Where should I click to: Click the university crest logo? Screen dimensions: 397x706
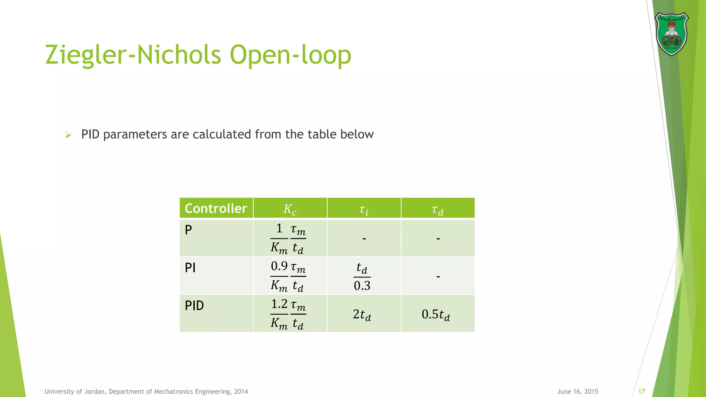pyautogui.click(x=671, y=34)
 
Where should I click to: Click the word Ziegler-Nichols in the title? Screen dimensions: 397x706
pyautogui.click(x=133, y=55)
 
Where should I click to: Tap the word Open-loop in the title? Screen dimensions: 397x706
pyautogui.click(x=290, y=55)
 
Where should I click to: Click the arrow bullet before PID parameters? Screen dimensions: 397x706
pyautogui.click(x=68, y=135)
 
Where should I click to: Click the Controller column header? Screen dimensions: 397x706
pyautogui.click(x=216, y=208)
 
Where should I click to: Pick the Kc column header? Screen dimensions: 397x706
pyautogui.click(x=290, y=209)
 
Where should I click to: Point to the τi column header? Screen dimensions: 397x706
pyautogui.click(x=364, y=209)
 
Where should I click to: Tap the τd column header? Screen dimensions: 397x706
pyautogui.click(x=437, y=209)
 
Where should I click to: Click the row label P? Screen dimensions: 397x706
pyautogui.click(x=188, y=230)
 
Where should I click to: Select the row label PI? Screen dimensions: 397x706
pyautogui.click(x=190, y=268)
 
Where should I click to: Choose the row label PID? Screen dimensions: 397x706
pyautogui.click(x=194, y=306)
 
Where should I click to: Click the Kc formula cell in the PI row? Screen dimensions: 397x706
pyautogui.click(x=288, y=276)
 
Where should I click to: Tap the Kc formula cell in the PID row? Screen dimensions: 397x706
pyautogui.click(x=288, y=314)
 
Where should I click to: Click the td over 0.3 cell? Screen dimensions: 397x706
pyautogui.click(x=362, y=276)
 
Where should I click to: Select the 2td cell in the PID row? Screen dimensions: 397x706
pyautogui.click(x=362, y=314)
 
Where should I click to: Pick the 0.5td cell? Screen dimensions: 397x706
pyautogui.click(x=436, y=314)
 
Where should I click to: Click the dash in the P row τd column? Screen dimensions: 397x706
pyautogui.click(x=438, y=238)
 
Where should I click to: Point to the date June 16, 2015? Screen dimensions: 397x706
pyautogui.click(x=577, y=391)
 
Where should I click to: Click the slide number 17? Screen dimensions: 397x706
pyautogui.click(x=642, y=391)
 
